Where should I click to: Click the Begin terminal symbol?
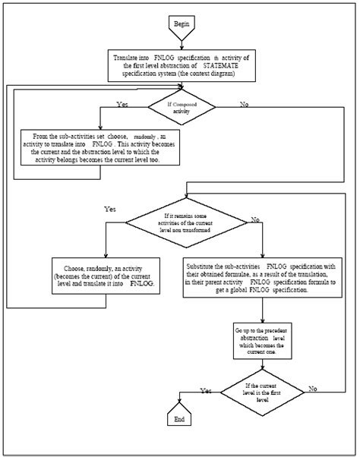[181, 24]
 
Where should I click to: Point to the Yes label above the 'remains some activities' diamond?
[111, 207]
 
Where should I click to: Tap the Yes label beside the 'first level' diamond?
[205, 390]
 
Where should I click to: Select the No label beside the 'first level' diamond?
[312, 388]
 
